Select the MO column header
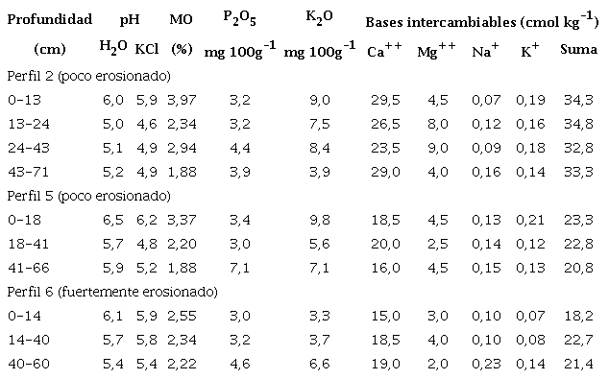(180, 19)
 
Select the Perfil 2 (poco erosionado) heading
(88, 75)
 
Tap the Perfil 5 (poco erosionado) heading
(88, 196)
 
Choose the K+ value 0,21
(529, 220)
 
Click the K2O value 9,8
(322, 220)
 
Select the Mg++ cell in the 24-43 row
(438, 147)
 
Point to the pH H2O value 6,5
(113, 220)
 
